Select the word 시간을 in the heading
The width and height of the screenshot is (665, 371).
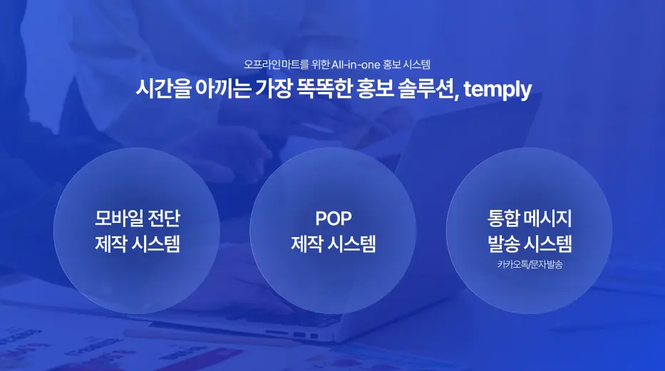coord(160,90)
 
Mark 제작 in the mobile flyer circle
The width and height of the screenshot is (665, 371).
coord(111,244)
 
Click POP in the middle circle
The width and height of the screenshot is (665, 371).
coord(333,218)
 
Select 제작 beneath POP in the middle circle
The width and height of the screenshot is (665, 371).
coord(307,244)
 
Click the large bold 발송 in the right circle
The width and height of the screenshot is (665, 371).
coord(502,244)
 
